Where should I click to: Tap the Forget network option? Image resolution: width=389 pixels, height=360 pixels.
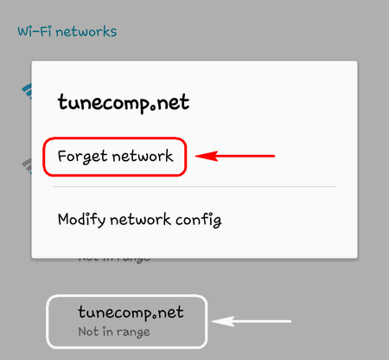tap(115, 157)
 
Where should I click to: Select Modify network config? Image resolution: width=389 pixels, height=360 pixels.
tap(140, 220)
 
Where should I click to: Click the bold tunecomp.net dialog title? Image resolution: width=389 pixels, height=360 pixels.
tap(124, 102)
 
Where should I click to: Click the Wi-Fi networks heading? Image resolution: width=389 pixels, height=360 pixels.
tap(67, 31)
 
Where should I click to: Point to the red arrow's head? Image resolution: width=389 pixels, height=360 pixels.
tap(196, 156)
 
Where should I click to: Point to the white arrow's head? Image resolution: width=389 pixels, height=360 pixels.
tap(213, 321)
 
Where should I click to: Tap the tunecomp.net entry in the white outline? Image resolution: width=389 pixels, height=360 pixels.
tap(131, 312)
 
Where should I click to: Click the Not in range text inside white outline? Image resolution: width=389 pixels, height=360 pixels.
tap(114, 331)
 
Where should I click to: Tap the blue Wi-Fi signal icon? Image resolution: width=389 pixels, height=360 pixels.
tap(27, 91)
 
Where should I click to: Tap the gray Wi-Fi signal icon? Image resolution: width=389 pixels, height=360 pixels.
tap(27, 166)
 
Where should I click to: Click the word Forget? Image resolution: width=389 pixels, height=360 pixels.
tap(83, 157)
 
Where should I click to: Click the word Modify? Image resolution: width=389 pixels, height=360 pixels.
tap(81, 220)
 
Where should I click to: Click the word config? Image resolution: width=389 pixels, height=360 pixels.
tap(199, 220)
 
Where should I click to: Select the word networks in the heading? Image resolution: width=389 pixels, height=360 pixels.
tap(86, 32)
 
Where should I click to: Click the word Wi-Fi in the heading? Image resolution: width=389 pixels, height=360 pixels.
tap(35, 31)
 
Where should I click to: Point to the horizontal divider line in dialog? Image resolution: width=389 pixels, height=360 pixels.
tap(194, 187)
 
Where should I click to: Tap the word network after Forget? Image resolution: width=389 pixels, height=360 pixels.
tap(143, 156)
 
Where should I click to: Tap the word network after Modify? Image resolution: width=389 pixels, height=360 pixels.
tap(140, 220)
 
